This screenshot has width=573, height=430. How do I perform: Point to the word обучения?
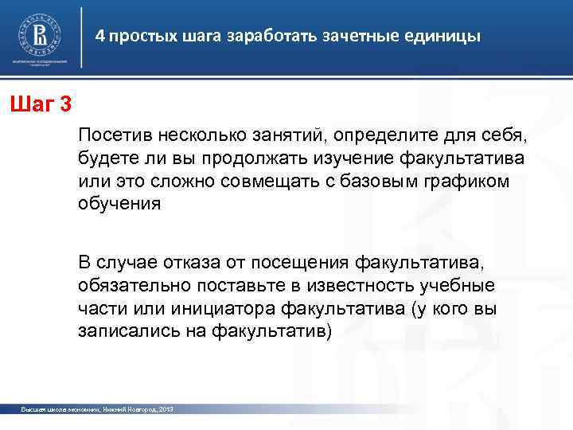coord(119,202)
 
